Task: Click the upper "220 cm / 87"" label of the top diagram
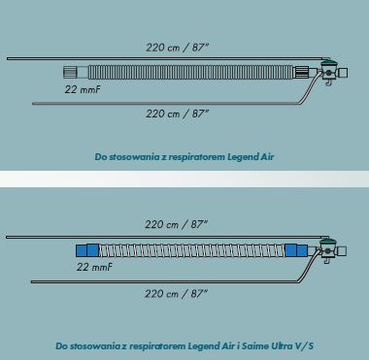click(178, 48)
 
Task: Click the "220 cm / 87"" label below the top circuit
click(178, 114)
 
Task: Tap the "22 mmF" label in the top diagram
click(83, 89)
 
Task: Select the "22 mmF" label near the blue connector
click(94, 267)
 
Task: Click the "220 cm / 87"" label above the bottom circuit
click(176, 224)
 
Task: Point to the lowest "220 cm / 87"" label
click(176, 294)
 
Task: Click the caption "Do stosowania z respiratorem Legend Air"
click(184, 157)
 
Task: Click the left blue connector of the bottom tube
click(87, 250)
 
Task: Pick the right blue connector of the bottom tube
click(296, 250)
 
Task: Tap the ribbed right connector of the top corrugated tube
click(301, 72)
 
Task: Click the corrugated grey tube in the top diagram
click(190, 72)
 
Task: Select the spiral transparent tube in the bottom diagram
click(192, 250)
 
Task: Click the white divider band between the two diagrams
click(184, 179)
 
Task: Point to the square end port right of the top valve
click(343, 73)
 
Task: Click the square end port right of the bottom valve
click(342, 251)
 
